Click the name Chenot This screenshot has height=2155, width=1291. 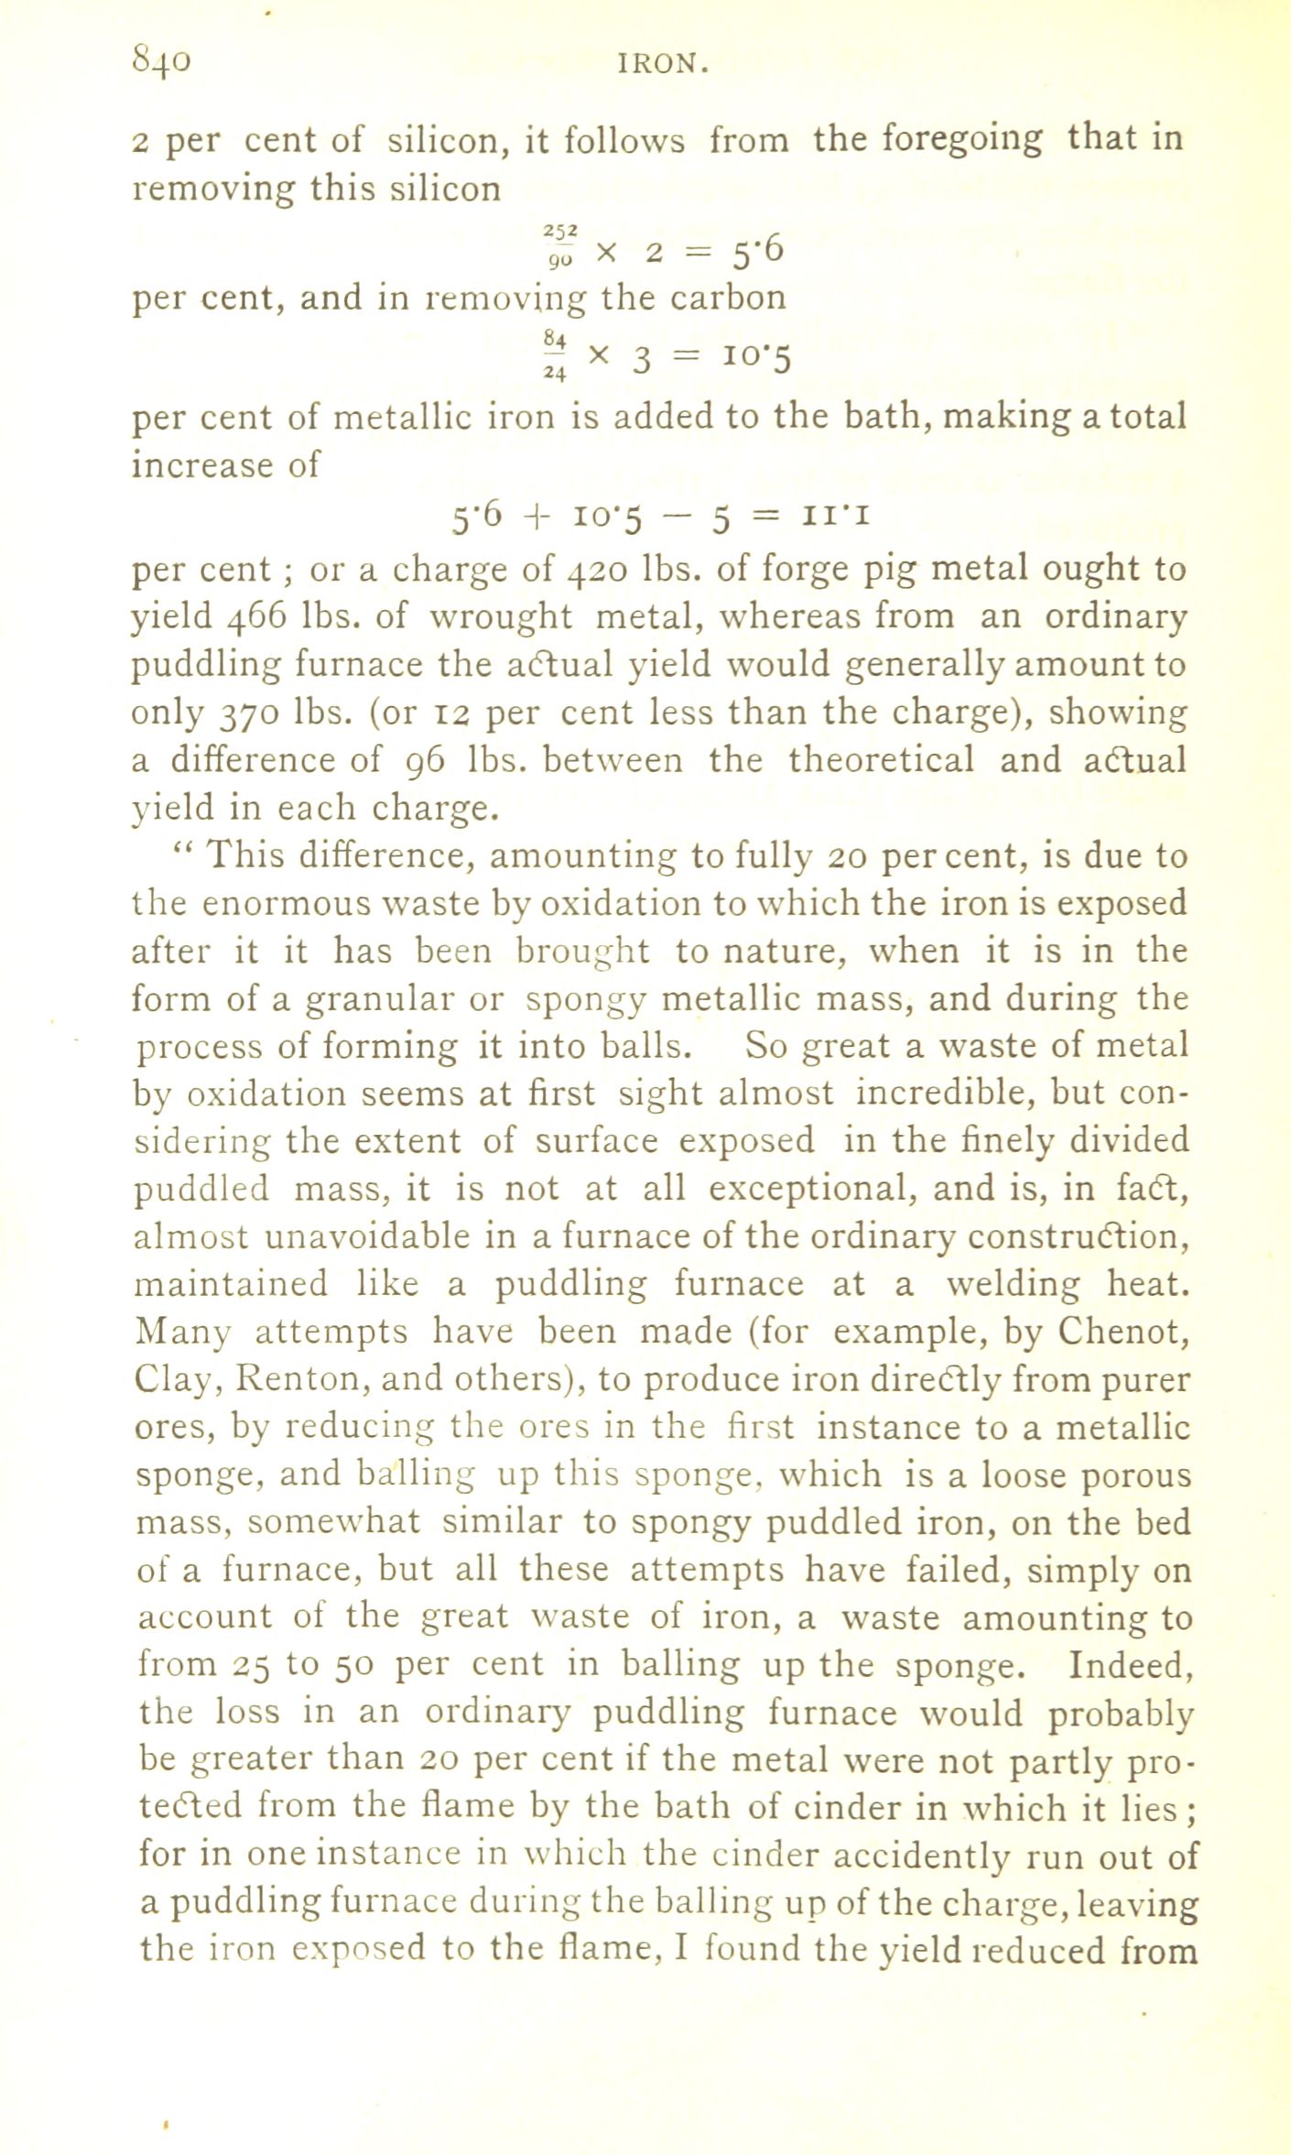(1123, 1331)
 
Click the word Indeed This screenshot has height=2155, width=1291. (1130, 1666)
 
